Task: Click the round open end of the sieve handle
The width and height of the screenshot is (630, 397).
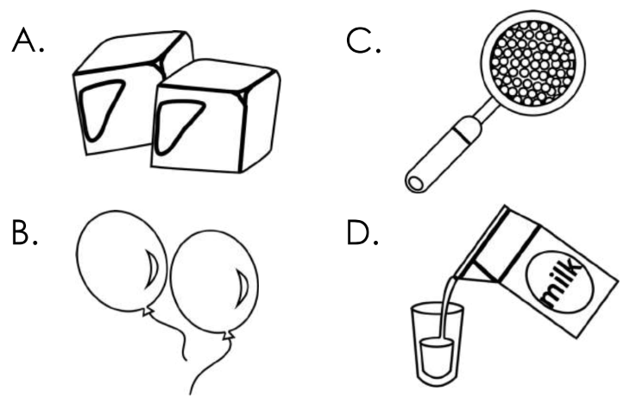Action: [415, 183]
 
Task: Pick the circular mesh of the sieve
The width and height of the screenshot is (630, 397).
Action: [533, 63]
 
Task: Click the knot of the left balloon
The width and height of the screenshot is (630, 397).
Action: [147, 311]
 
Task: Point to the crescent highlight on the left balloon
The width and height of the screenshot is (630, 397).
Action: [152, 270]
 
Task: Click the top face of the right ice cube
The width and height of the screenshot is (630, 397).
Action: [215, 75]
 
